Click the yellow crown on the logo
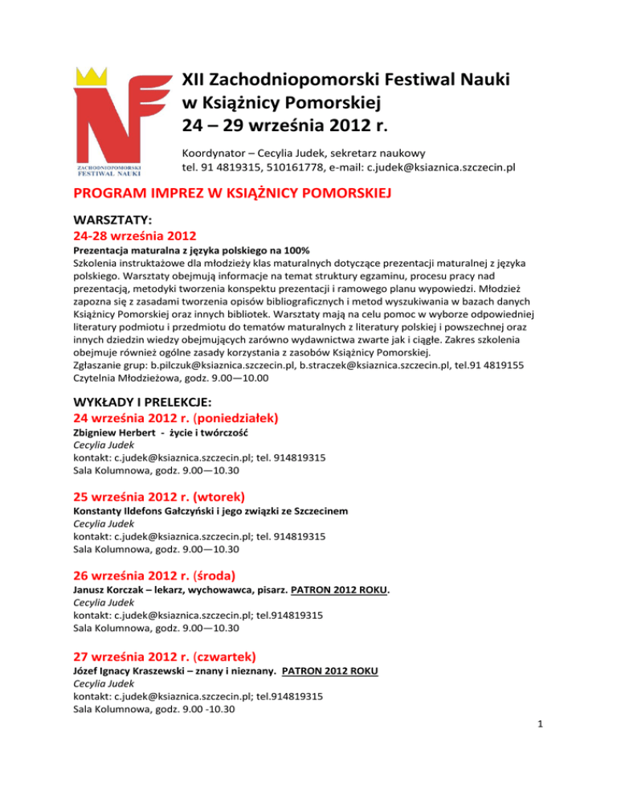92,79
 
